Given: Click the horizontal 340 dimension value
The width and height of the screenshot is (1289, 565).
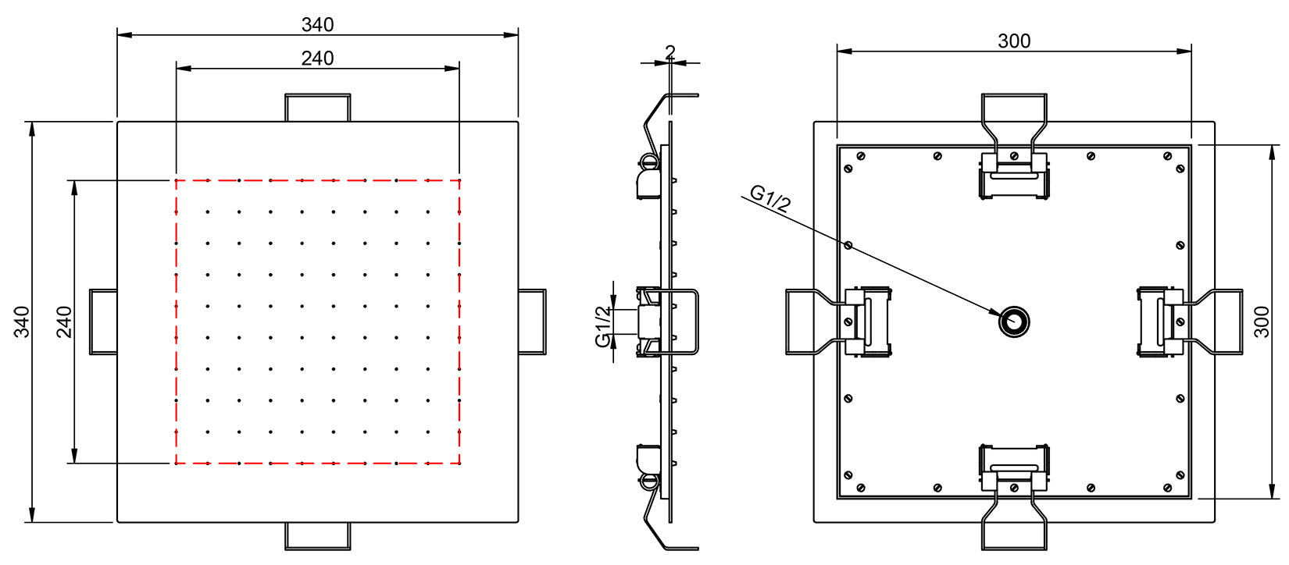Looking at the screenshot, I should pos(317,25).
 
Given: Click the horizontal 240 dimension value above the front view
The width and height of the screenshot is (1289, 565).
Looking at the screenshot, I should pos(317,59).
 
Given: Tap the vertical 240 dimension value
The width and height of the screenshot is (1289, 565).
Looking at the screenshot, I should pos(64,322).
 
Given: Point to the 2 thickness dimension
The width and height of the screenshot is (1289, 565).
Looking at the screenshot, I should pos(669,52).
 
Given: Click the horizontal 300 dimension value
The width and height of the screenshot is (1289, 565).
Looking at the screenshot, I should pos(1013,41).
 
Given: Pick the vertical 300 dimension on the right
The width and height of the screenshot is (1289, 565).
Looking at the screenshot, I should pos(1262,322).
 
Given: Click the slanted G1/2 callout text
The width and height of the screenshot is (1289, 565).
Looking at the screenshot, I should pos(770,199).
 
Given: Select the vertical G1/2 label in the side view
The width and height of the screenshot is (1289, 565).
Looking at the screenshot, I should pos(603,326).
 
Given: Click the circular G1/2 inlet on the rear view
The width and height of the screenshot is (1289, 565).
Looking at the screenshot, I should pos(1014,321).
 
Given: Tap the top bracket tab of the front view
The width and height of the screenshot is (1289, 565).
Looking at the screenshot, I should pos(317,108).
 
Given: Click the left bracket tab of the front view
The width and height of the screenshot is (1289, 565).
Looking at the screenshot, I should pos(103,322).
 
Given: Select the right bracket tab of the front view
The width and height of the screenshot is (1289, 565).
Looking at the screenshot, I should pos(533,322).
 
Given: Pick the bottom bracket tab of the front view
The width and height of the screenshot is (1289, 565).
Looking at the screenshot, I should pos(317,536).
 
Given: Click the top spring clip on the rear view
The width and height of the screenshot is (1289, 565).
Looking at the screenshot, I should pos(1014,176).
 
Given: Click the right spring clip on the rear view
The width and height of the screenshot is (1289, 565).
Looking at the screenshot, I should pos(1159,322).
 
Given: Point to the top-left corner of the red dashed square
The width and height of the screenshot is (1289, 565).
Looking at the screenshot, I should pos(177,180).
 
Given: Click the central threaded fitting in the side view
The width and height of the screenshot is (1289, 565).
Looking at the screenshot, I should pos(650,321).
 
